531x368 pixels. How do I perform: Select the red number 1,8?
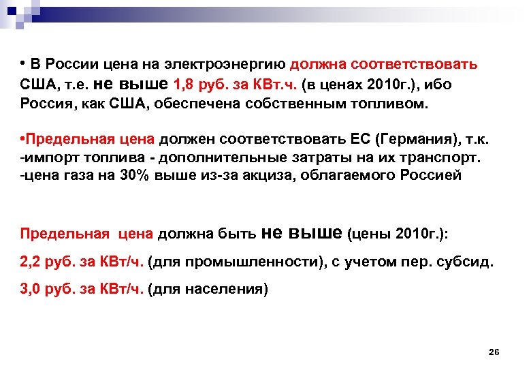pos(186,85)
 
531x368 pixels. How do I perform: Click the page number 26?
pos(494,352)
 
